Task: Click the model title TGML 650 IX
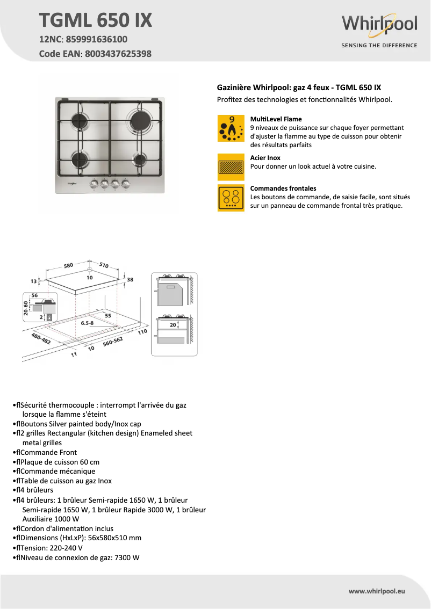point(95,20)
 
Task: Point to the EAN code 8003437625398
point(117,54)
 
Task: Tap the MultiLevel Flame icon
point(231,128)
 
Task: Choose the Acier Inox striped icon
point(231,167)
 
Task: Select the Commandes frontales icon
point(231,198)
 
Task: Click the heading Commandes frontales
point(283,189)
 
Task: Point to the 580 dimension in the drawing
point(68,265)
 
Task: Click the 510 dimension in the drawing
point(104,265)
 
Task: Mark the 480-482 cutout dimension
point(41,338)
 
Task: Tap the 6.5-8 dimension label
point(87,323)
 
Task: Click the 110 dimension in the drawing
point(142,332)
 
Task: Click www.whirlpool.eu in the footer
point(377,591)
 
